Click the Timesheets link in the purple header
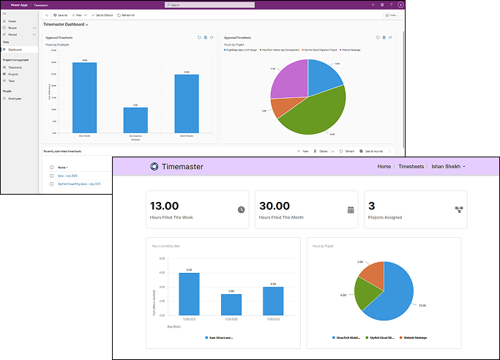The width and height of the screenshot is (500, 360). [412, 167]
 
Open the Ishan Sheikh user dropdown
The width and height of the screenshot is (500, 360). [449, 167]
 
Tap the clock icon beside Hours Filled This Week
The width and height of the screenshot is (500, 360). [241, 210]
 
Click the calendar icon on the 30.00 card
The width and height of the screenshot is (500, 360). [351, 210]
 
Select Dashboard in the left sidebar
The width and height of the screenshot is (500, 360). [15, 50]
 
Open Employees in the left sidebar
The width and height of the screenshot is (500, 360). [15, 98]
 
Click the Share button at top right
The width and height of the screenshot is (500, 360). [392, 15]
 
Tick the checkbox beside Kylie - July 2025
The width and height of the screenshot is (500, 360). [51, 176]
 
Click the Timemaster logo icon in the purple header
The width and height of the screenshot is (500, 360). [154, 167]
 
